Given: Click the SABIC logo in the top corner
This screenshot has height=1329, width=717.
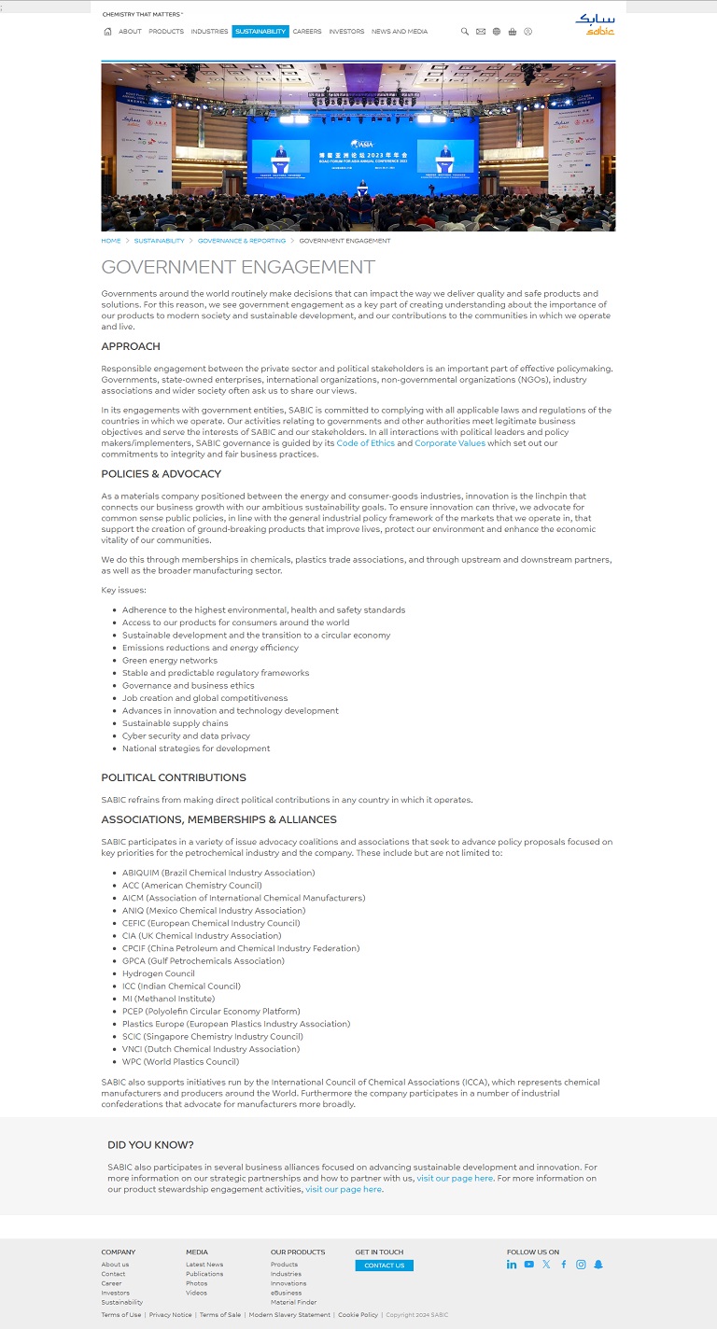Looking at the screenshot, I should [x=595, y=23].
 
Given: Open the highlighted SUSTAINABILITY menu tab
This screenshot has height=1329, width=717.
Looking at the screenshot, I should [x=260, y=32].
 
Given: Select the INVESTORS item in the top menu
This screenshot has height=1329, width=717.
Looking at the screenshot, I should [x=346, y=32].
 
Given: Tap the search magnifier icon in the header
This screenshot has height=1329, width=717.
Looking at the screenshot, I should [x=465, y=32].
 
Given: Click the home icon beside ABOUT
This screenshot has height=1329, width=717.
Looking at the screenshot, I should [x=108, y=32].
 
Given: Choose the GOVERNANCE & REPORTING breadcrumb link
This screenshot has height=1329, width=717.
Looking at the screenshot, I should [x=242, y=241].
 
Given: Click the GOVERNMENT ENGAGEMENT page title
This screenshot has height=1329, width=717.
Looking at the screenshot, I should [x=238, y=267].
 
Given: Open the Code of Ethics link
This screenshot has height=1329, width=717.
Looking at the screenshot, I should [x=366, y=443].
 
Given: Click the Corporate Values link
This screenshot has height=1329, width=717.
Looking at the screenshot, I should [x=450, y=443].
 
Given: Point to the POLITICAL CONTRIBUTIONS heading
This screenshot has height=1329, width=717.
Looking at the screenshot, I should [x=174, y=777].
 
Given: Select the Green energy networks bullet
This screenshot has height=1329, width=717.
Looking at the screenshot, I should [x=170, y=661].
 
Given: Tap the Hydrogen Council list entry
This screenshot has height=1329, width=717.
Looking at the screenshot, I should [x=159, y=973].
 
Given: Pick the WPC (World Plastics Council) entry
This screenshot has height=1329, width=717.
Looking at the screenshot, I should [x=180, y=1062].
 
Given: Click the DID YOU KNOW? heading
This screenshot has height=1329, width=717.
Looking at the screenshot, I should [x=150, y=1145].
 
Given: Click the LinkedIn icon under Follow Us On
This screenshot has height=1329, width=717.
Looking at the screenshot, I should [x=512, y=1265].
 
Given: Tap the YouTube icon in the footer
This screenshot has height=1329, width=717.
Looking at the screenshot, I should [x=528, y=1265].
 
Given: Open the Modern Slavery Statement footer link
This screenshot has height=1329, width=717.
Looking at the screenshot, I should [x=289, y=1315].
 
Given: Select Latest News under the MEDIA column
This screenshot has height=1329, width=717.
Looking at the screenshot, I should [x=204, y=1265].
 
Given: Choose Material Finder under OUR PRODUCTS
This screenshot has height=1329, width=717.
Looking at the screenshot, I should [x=293, y=1302].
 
